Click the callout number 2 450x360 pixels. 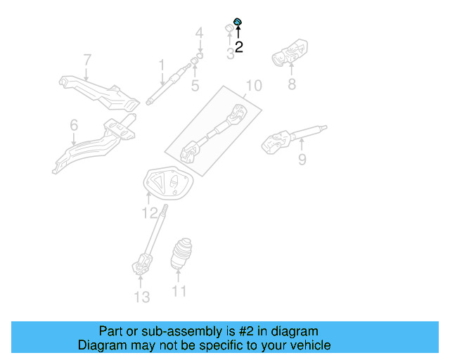coord(239,48)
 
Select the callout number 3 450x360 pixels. coord(230,53)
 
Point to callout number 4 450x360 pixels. coord(199,33)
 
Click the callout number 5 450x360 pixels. coord(195,86)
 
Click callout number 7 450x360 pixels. coord(87,60)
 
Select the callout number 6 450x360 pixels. coord(74,126)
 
